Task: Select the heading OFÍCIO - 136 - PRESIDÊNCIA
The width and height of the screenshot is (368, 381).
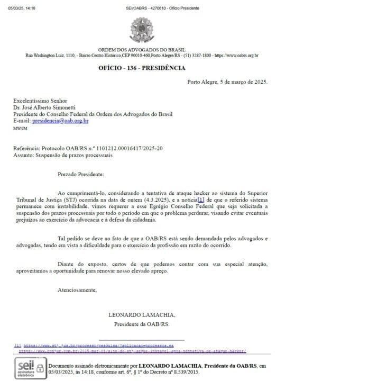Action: coord(142,68)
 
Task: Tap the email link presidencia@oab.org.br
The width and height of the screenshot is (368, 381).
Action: coord(60,121)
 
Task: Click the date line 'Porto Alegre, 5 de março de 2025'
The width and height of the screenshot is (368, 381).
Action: coord(227,82)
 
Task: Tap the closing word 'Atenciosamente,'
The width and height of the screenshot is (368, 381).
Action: coord(77,289)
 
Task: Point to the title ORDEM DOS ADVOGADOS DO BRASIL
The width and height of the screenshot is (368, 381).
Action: coord(142,49)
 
